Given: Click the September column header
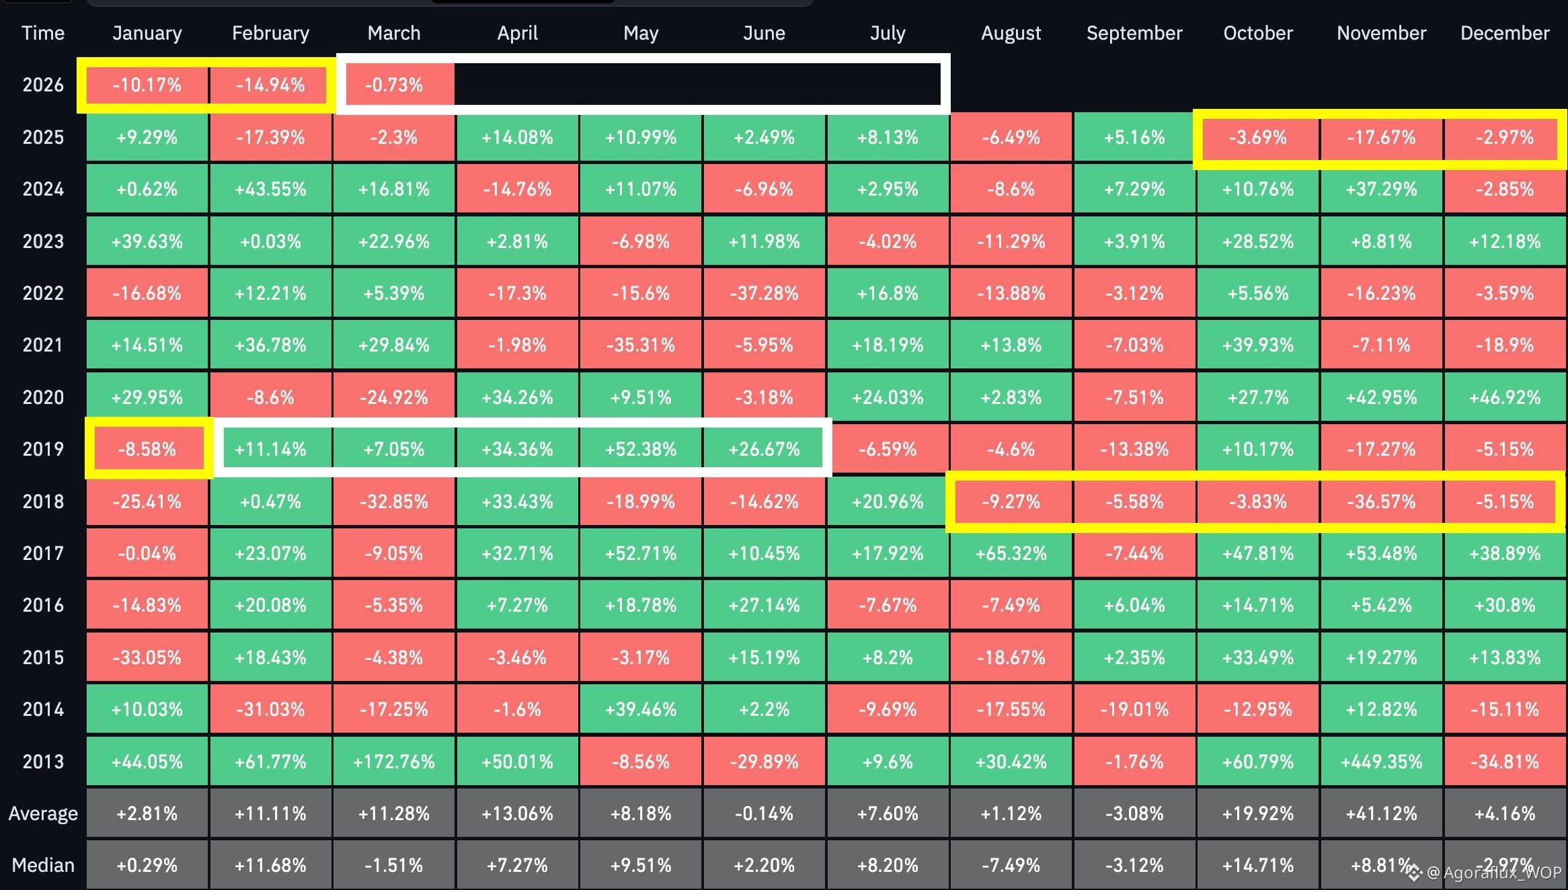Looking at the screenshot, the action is coord(1134,33).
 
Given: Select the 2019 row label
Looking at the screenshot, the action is coord(43,449).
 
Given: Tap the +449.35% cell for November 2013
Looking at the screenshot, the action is coord(1381,762).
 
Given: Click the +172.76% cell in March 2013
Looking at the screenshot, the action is coord(394,762).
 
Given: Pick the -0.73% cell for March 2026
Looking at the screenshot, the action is coord(394,85).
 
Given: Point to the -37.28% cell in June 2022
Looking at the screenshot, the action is coord(764,293).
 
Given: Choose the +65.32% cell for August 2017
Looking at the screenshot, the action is coord(1011,553).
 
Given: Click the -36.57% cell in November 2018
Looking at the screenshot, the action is coord(1381,501).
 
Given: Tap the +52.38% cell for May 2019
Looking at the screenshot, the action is coord(641,449).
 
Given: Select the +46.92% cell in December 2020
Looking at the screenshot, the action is coord(1505,397).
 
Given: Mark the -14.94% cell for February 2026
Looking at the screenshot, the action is coord(270,85).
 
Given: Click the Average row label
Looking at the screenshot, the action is coord(43,813).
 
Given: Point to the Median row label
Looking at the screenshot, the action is coord(43,865).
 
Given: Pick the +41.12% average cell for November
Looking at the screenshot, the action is coord(1381,813).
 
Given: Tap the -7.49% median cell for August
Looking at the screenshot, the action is coord(1011,865).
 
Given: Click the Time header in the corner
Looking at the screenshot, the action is coord(43,33).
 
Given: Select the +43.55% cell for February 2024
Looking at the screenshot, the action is coord(270,189).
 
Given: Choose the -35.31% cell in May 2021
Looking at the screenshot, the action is coord(641,345).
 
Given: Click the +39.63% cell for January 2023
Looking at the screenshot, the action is coord(147,241).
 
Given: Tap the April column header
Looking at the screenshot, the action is coord(517,33).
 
